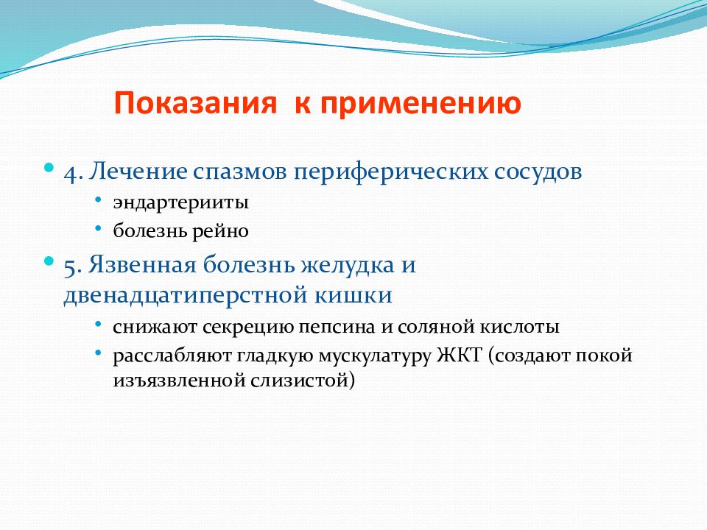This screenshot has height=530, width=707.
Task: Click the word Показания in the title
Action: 194,103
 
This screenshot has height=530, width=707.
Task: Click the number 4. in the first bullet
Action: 74,172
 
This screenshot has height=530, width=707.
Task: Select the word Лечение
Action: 138,172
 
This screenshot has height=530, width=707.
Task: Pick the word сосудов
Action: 538,172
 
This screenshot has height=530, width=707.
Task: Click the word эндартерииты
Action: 181,202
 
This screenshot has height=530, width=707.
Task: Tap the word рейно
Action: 220,232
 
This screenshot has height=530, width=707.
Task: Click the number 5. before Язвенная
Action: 73,266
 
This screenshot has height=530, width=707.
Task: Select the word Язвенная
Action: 142,264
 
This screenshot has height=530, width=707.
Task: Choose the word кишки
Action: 353,296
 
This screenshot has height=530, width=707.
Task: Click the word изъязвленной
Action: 178,380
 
